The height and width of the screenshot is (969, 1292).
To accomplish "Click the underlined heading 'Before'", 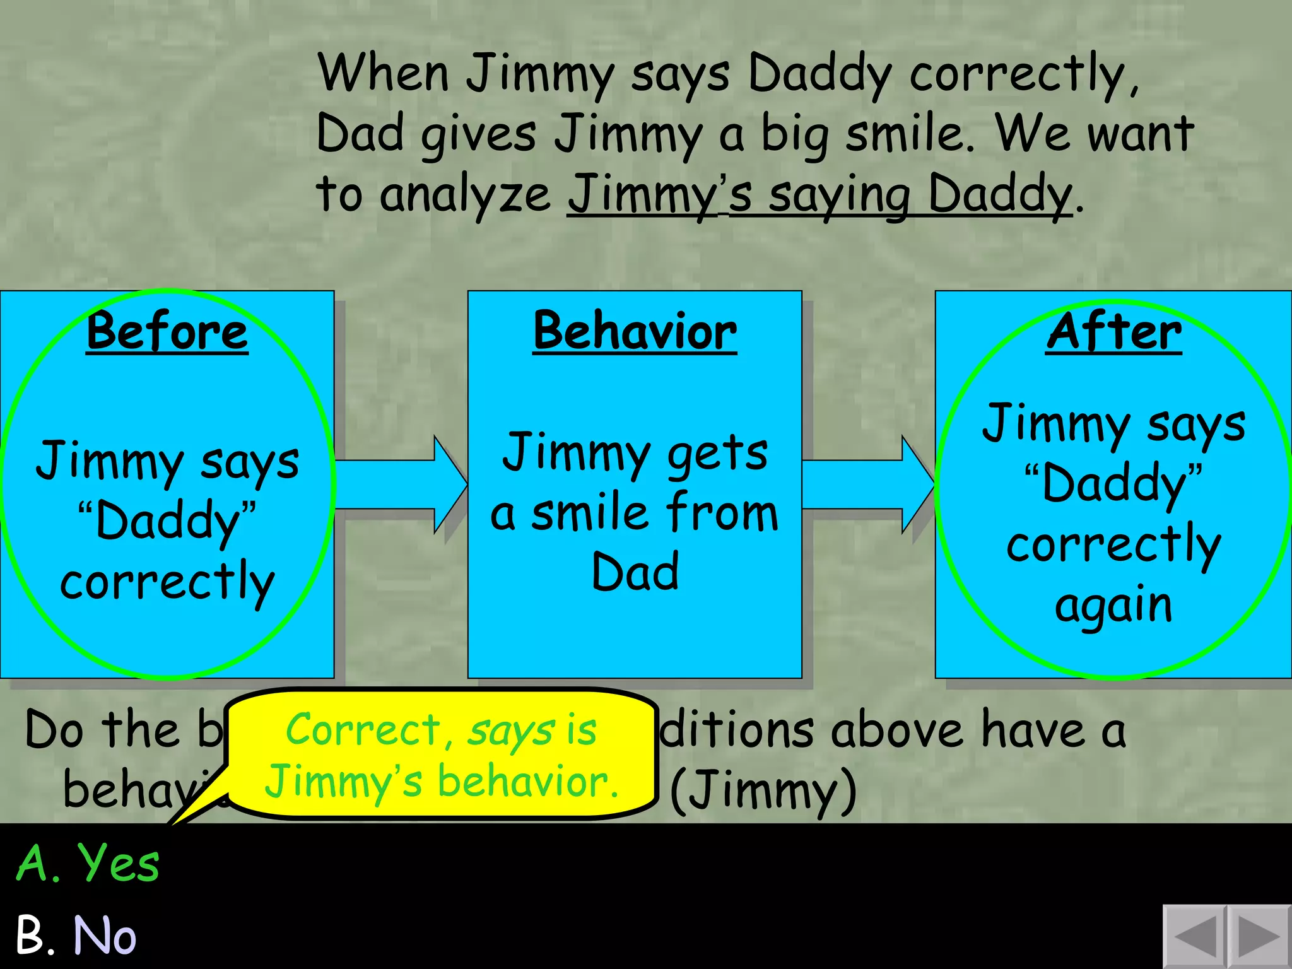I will [x=167, y=332].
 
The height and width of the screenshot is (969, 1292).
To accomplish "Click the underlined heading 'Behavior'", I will [x=635, y=332].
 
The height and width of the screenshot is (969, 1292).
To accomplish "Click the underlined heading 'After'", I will [x=1113, y=332].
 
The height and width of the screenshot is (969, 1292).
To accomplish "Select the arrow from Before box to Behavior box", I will [x=401, y=484].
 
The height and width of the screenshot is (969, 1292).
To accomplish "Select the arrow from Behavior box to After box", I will [x=868, y=484].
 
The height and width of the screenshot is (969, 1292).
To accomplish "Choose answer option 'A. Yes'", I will [x=88, y=863].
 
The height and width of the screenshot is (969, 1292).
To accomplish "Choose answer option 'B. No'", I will [x=76, y=935].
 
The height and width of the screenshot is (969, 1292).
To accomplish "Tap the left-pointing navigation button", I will [x=1194, y=937].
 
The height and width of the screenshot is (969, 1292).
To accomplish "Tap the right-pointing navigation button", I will [x=1259, y=937].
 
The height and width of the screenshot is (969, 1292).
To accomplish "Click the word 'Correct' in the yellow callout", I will [x=363, y=730].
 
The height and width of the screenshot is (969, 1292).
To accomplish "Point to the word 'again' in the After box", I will [x=1113, y=606].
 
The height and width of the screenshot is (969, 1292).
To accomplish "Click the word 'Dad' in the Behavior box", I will [x=635, y=572].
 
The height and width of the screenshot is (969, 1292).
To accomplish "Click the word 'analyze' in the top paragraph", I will [x=465, y=194].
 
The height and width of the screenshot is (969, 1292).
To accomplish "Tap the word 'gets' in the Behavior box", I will [x=717, y=453].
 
